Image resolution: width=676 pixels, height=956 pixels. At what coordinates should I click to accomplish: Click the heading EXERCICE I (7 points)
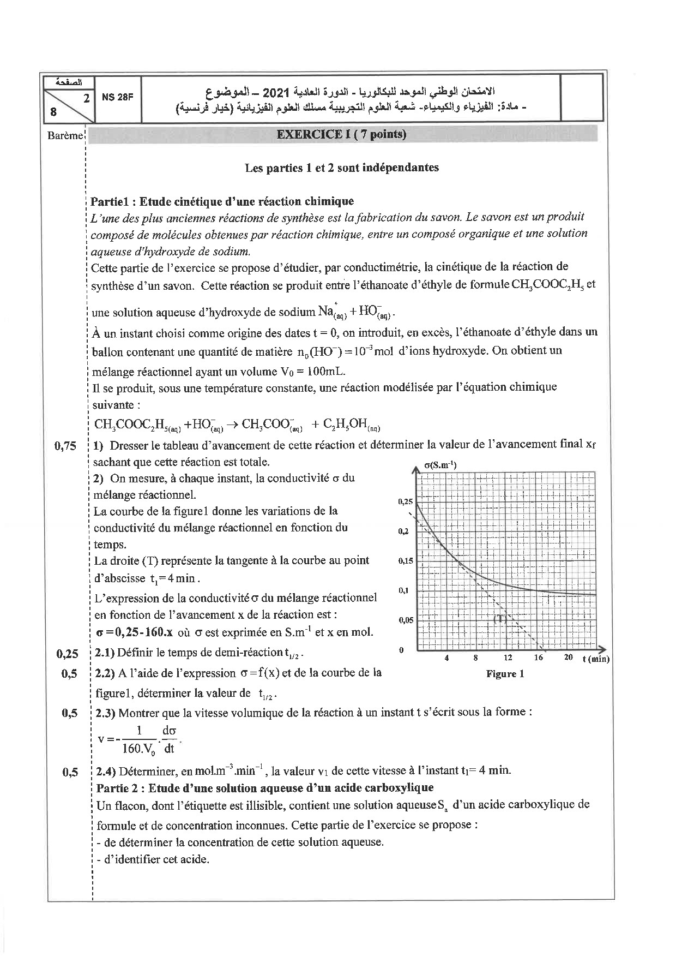[x=341, y=134]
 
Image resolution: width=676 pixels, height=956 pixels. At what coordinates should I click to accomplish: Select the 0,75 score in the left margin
[x=65, y=446]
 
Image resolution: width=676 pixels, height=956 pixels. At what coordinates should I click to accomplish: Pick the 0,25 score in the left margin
[x=67, y=654]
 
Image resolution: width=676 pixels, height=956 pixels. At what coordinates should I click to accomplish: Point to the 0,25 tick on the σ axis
[x=405, y=501]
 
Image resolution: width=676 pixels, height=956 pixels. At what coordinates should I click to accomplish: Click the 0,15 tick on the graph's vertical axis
[x=405, y=560]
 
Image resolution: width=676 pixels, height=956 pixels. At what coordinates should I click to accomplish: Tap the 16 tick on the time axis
[x=538, y=658]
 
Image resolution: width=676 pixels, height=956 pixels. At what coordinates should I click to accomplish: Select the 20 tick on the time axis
[x=568, y=658]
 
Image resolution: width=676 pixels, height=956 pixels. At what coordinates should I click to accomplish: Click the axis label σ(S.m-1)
[x=440, y=465]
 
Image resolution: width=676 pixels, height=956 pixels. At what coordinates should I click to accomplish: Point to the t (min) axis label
[x=595, y=659]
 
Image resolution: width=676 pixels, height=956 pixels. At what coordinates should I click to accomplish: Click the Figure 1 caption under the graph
[x=505, y=674]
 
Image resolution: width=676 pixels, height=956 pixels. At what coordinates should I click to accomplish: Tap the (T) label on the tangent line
[x=500, y=619]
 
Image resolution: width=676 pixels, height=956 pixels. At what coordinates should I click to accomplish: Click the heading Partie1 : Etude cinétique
[x=222, y=201]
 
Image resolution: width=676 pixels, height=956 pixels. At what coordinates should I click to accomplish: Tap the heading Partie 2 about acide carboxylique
[x=264, y=787]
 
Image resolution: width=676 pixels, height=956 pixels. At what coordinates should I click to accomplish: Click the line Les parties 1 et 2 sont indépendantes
[x=342, y=168]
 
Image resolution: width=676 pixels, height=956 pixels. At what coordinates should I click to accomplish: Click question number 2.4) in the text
[x=106, y=772]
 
